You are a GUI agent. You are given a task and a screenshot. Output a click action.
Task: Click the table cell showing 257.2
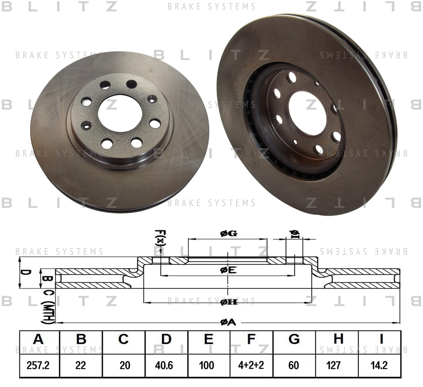coord(38,365)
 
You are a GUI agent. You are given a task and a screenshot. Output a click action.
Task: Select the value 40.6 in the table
coord(164,365)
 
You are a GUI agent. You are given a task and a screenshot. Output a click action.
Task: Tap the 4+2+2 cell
coord(251,365)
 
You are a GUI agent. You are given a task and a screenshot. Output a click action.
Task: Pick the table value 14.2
coord(379,365)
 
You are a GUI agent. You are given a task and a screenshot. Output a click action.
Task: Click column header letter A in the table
coord(38,339)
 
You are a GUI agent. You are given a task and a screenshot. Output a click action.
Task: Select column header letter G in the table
coord(294,339)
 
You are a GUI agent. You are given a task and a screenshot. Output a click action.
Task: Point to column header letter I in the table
coord(381,339)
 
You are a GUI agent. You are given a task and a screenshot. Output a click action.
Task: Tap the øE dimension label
coord(228,270)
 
